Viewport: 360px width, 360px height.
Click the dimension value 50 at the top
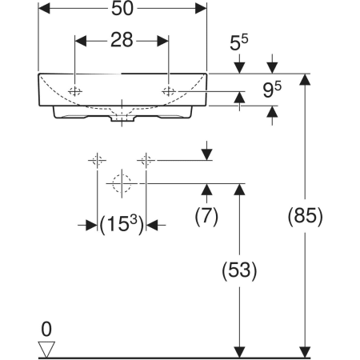122,9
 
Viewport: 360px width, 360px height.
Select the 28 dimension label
122,40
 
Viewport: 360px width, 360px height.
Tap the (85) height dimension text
305,216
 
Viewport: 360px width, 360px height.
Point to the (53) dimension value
239,270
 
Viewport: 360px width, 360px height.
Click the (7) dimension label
206,216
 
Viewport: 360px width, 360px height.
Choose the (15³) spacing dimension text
122,224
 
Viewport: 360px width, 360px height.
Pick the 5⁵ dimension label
239,42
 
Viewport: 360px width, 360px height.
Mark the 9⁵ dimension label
272,90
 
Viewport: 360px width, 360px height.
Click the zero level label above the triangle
46,329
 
